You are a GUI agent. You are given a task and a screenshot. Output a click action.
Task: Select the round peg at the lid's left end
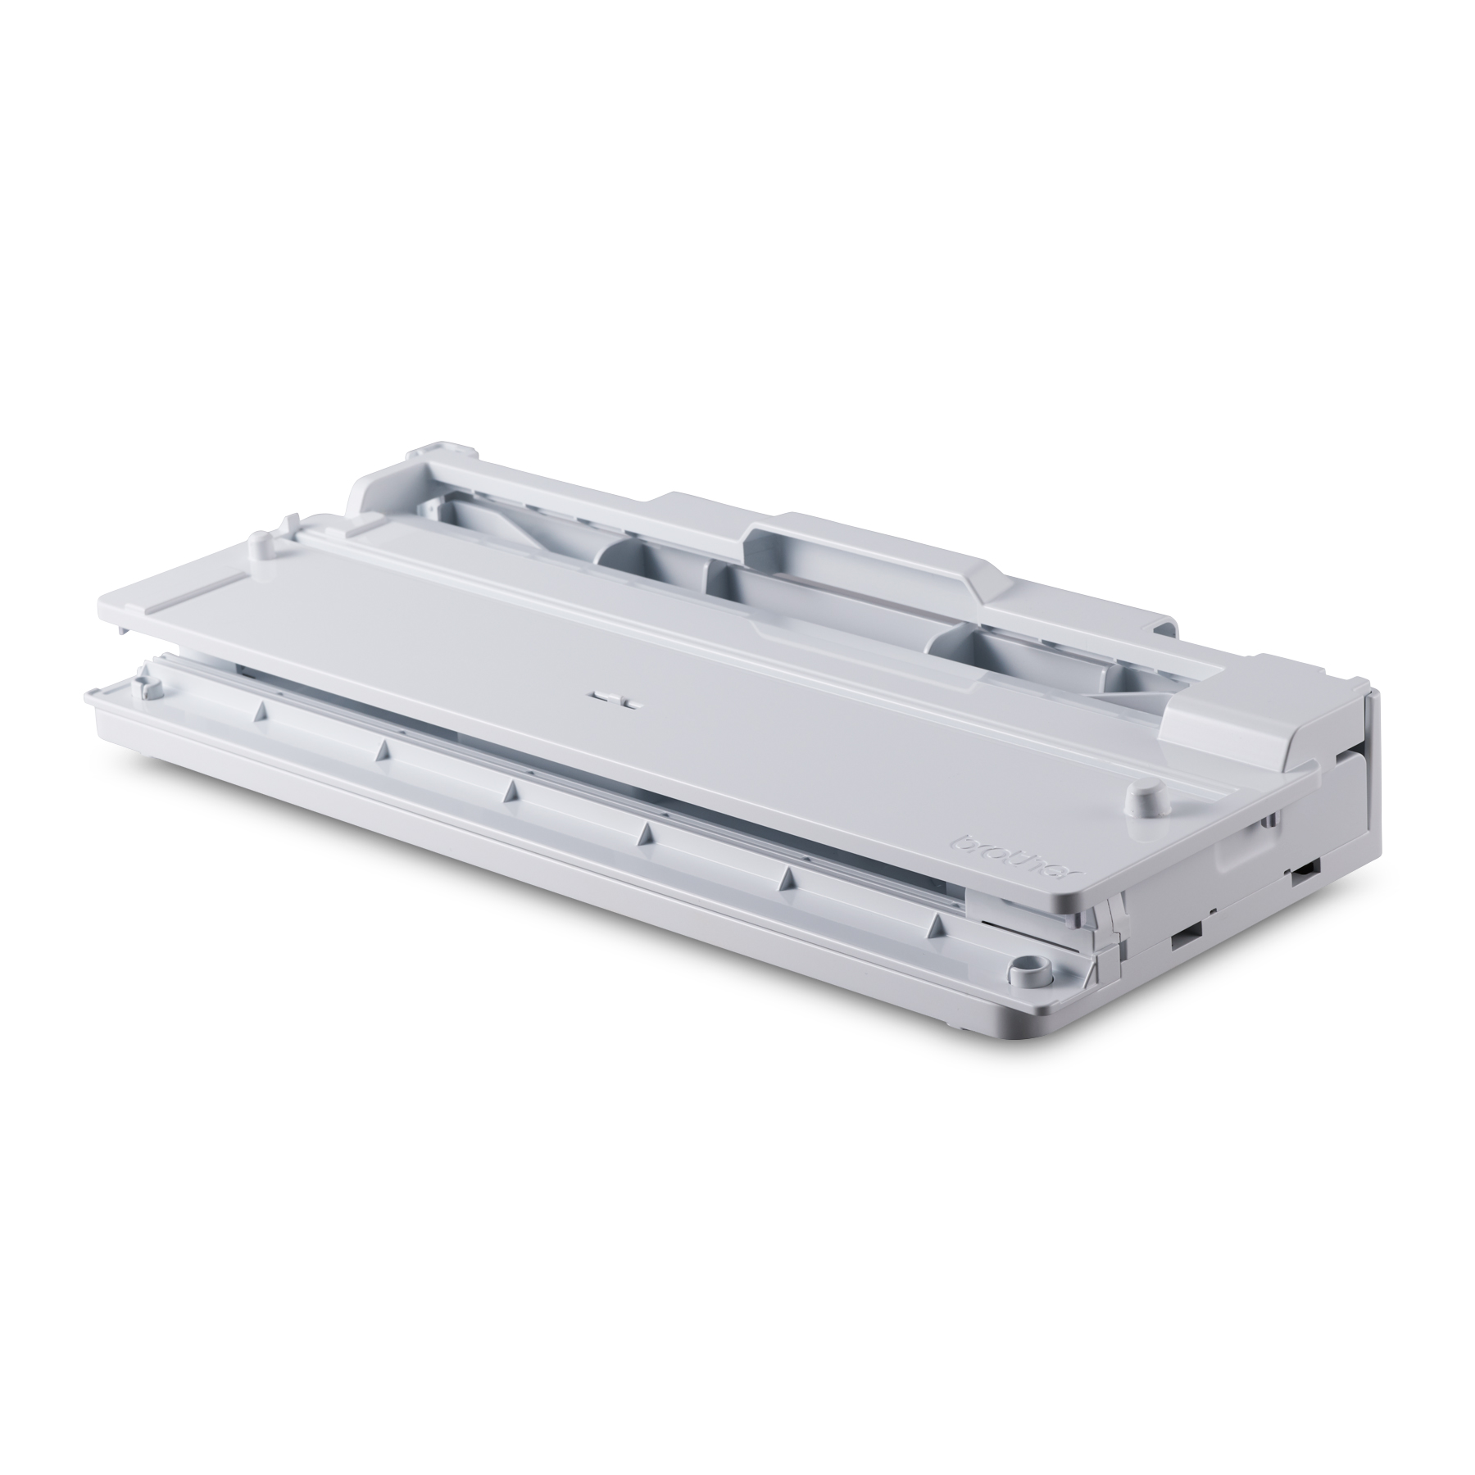[259, 543]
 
